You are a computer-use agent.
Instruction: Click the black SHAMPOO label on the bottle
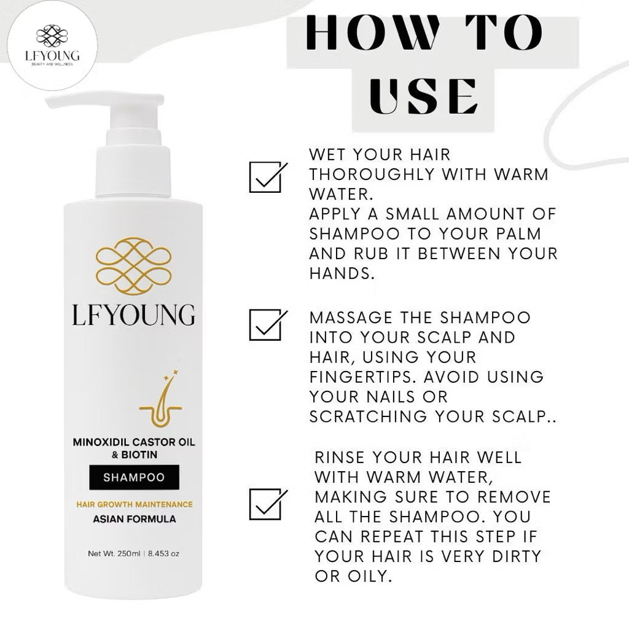[x=134, y=477]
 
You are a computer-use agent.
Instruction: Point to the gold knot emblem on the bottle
[x=133, y=266]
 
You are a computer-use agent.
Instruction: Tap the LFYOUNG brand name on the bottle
[x=133, y=314]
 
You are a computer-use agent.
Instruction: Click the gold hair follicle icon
[x=159, y=402]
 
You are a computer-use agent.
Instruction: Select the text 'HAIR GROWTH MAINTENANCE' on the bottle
[x=134, y=504]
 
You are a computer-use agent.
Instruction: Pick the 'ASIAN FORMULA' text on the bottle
[x=134, y=519]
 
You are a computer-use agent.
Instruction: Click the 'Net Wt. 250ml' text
[x=114, y=553]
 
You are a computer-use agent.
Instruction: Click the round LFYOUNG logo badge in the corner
[x=52, y=46]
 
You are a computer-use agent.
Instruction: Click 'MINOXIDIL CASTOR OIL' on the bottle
[x=133, y=443]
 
